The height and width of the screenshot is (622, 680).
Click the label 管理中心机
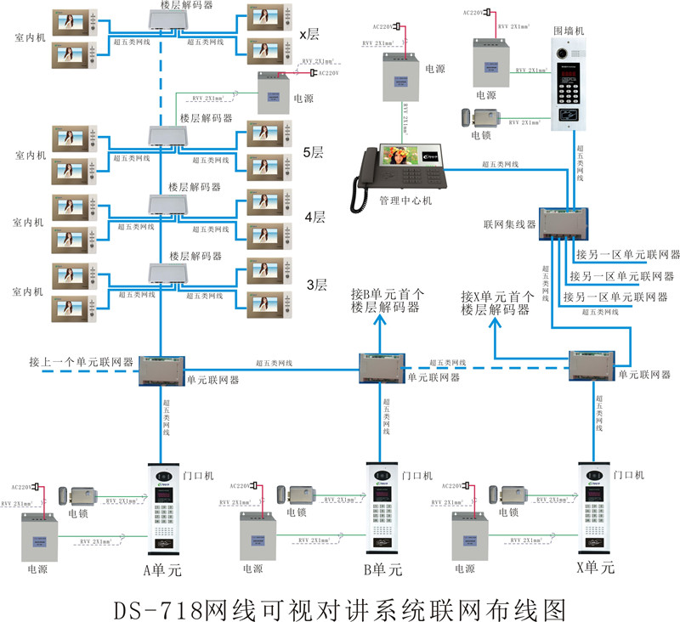pos(405,202)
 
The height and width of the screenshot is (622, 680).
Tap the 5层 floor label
pos(314,153)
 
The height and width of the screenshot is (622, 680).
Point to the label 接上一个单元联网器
pos(81,360)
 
